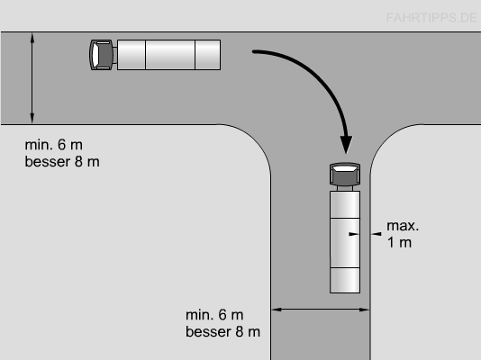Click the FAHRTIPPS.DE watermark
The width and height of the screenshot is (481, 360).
click(x=431, y=18)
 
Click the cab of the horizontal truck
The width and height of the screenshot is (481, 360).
click(x=101, y=55)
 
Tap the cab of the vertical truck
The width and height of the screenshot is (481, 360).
click(x=345, y=174)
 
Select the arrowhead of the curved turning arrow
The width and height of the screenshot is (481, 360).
click(x=346, y=144)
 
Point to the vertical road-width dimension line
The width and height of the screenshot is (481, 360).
click(x=32, y=78)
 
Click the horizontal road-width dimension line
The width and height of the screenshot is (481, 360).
click(x=321, y=310)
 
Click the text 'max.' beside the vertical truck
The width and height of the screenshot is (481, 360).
click(x=403, y=226)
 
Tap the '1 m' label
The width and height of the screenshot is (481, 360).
click(x=399, y=242)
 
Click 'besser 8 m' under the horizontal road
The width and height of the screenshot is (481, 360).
click(x=62, y=161)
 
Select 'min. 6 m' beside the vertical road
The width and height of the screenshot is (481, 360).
click(x=214, y=315)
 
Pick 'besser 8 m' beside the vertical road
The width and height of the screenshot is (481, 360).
click(x=223, y=332)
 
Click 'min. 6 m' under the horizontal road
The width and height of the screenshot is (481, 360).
click(x=54, y=145)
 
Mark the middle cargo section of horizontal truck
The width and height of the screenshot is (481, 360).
click(x=170, y=55)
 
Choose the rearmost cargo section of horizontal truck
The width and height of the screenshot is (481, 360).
click(x=208, y=55)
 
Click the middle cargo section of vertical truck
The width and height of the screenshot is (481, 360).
click(x=345, y=243)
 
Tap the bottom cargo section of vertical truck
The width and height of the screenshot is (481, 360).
click(x=345, y=280)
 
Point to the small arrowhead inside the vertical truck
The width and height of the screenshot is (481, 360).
click(x=354, y=234)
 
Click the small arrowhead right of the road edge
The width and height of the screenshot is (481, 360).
click(x=377, y=234)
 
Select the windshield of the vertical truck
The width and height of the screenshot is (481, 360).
click(x=345, y=168)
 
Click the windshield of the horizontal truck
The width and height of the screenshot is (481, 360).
click(x=95, y=55)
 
